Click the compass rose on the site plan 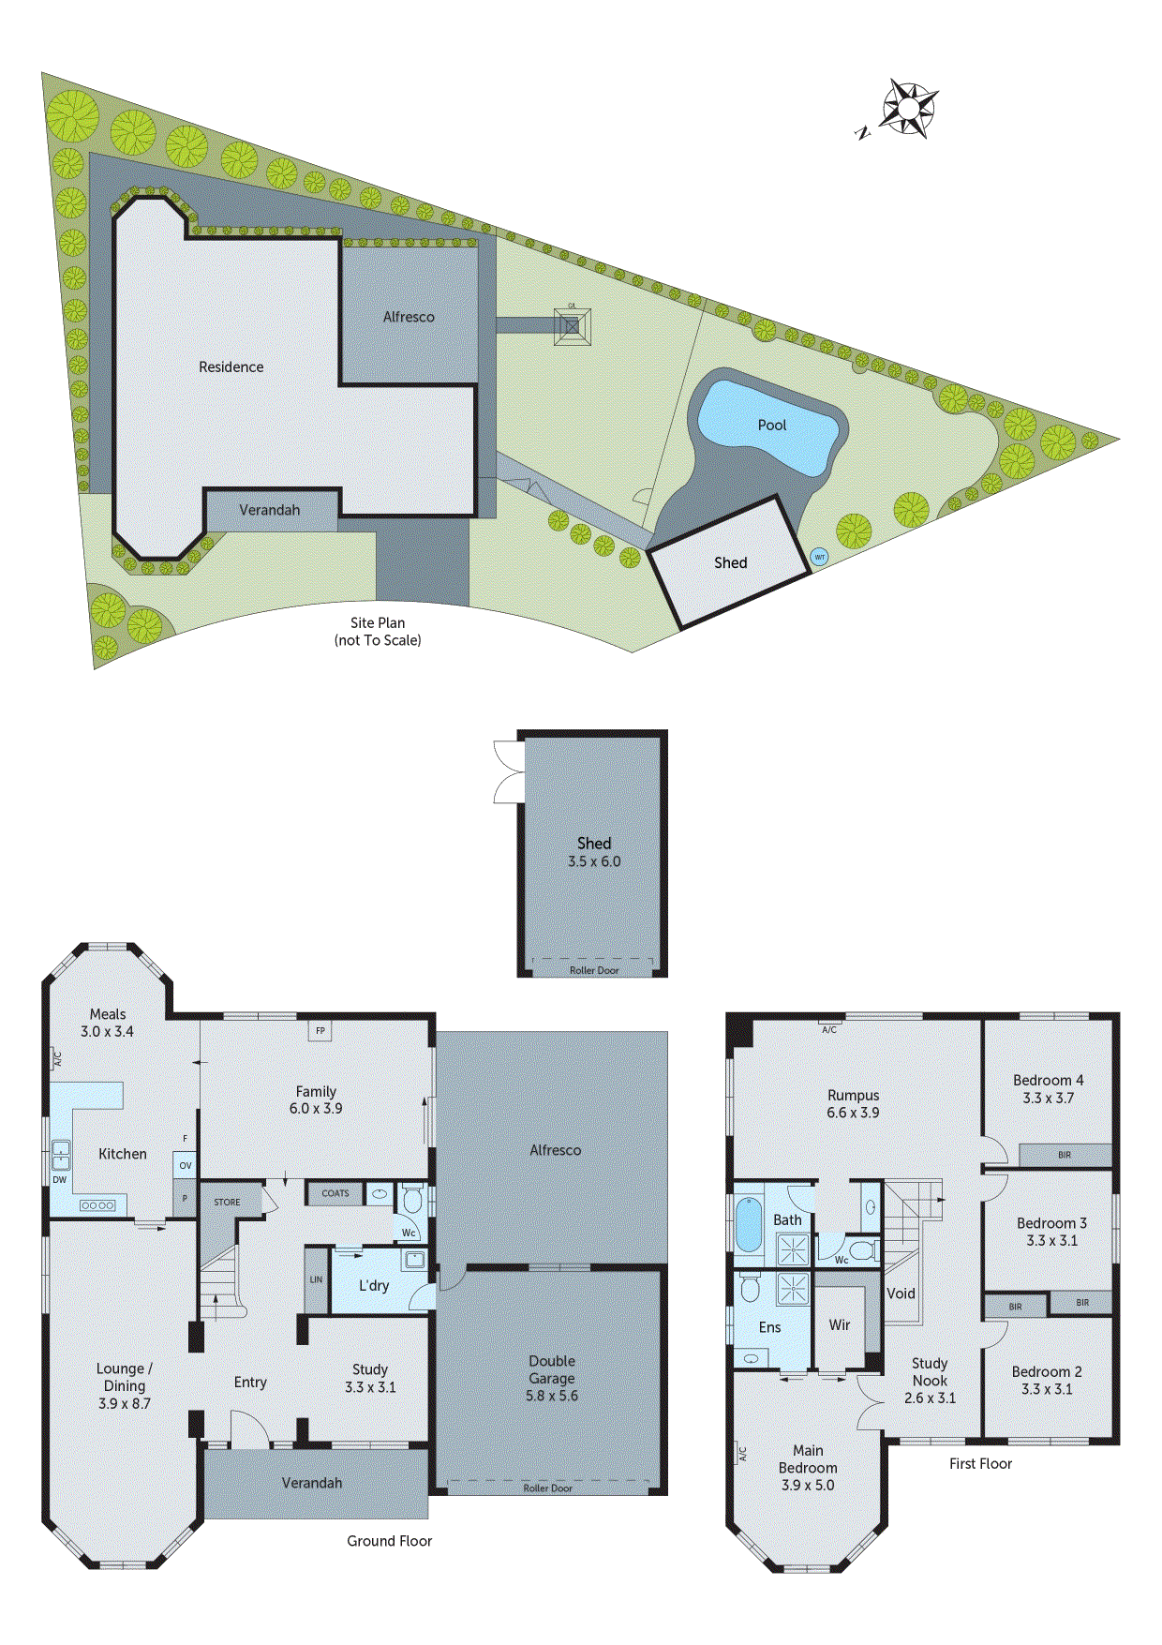pyautogui.click(x=908, y=109)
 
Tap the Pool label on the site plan pyautogui.click(x=771, y=426)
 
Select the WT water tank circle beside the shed pyautogui.click(x=819, y=557)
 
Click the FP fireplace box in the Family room pyautogui.click(x=320, y=1031)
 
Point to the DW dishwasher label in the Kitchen pyautogui.click(x=60, y=1180)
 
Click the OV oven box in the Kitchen pyautogui.click(x=186, y=1166)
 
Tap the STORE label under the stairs pyautogui.click(x=227, y=1202)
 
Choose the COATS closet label pyautogui.click(x=335, y=1193)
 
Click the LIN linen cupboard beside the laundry pyautogui.click(x=316, y=1279)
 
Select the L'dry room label pyautogui.click(x=374, y=1286)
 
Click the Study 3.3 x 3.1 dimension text pyautogui.click(x=370, y=1387)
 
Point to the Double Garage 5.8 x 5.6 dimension pyautogui.click(x=552, y=1396)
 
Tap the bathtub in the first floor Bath pyautogui.click(x=748, y=1224)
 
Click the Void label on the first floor pyautogui.click(x=901, y=1294)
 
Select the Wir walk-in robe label pyautogui.click(x=840, y=1325)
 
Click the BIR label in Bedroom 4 pyautogui.click(x=1065, y=1155)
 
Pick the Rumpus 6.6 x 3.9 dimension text pyautogui.click(x=853, y=1113)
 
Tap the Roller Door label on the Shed pyautogui.click(x=594, y=970)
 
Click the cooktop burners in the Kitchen pyautogui.click(x=97, y=1205)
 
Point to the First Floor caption pyautogui.click(x=980, y=1464)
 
